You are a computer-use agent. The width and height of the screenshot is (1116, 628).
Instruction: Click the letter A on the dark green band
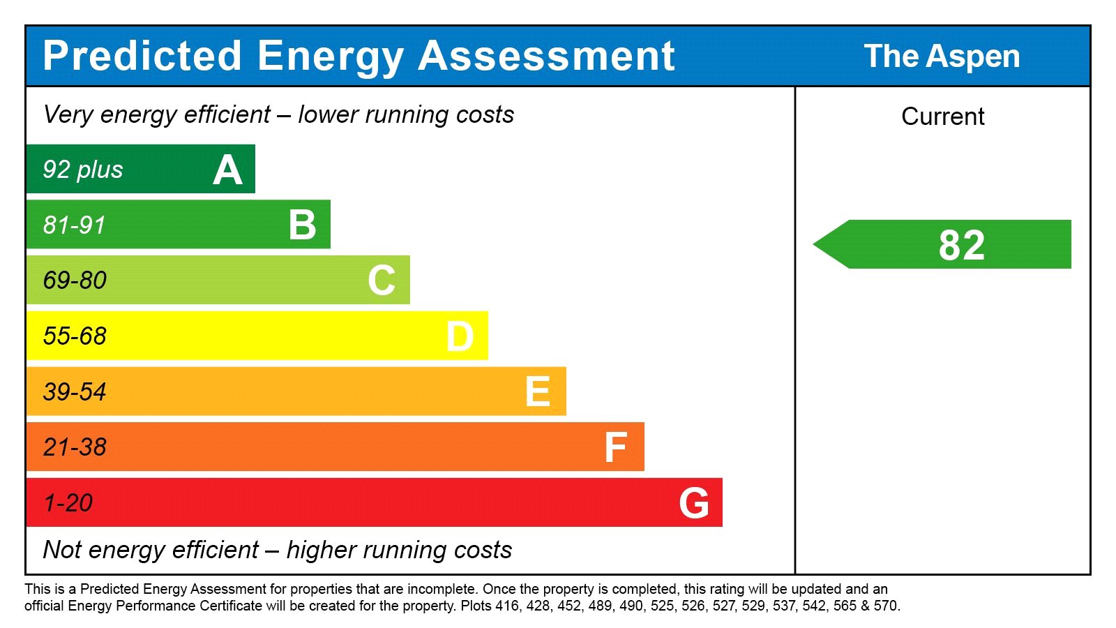(227, 170)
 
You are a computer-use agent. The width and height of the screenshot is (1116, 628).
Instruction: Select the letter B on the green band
(303, 225)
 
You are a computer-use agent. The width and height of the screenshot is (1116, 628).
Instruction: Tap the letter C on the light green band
(382, 281)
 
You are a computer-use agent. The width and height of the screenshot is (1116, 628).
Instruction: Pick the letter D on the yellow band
(460, 336)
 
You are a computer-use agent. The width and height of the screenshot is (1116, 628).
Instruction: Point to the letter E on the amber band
(538, 391)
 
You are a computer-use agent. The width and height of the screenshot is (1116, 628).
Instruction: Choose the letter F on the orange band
(616, 447)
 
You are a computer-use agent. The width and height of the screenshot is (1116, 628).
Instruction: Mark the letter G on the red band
(694, 503)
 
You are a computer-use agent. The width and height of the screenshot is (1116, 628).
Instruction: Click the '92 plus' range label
(83, 170)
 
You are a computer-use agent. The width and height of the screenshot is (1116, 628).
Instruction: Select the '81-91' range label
(75, 225)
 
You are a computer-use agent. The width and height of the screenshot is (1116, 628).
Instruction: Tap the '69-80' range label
(75, 281)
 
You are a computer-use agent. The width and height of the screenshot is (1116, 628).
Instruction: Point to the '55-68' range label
(75, 336)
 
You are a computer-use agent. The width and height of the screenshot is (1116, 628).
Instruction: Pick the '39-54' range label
(75, 392)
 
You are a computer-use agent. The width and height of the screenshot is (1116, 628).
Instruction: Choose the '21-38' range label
(75, 447)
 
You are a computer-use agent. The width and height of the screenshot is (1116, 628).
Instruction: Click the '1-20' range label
(68, 503)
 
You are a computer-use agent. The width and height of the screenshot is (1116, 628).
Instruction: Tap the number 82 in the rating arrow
(961, 246)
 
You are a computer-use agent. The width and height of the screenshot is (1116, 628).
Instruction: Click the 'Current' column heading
(942, 117)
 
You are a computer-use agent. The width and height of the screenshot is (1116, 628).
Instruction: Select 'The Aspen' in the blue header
(942, 57)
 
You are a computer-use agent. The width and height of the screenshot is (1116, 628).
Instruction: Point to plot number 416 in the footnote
(507, 606)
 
